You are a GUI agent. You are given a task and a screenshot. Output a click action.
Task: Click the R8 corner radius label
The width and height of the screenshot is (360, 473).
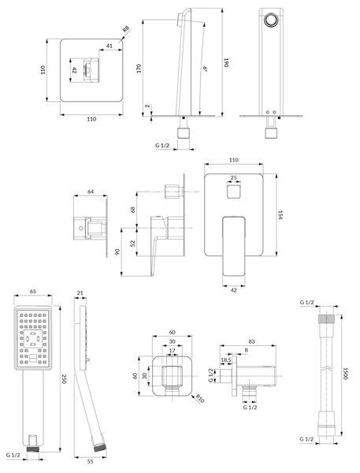click(126, 30)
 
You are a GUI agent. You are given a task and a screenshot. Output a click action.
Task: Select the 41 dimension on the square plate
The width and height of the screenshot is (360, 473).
click(109, 46)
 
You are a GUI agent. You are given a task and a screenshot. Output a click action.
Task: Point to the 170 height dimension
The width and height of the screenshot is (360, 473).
click(139, 69)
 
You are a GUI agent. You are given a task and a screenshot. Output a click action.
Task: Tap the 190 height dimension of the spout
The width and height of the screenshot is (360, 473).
click(226, 62)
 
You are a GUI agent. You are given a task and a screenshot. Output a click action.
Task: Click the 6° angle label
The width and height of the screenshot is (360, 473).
click(205, 69)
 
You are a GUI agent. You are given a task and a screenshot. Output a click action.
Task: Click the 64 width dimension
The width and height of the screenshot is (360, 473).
click(91, 192)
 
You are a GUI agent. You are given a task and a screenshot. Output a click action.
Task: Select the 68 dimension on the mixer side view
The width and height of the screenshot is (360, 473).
click(132, 210)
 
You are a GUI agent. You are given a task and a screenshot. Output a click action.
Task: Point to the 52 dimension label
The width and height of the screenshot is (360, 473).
click(132, 244)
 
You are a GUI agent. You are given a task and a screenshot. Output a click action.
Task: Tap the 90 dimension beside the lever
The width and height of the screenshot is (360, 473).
click(117, 251)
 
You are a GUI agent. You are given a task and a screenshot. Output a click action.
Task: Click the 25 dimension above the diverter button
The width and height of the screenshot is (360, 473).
click(234, 177)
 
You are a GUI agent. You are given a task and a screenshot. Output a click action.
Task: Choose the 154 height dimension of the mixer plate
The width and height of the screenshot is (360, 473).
click(280, 215)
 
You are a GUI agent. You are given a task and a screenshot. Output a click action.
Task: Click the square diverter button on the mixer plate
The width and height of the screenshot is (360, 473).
click(234, 192)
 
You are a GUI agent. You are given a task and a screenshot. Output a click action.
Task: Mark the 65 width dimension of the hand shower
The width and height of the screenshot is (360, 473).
click(33, 292)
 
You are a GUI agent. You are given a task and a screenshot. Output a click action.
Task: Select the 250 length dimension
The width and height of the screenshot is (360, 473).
click(64, 379)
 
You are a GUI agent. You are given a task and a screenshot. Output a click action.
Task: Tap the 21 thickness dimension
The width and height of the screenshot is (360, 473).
click(80, 292)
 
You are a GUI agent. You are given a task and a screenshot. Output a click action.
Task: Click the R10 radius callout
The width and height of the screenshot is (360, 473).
click(200, 398)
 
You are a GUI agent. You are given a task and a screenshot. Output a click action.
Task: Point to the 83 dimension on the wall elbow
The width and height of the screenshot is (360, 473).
click(252, 341)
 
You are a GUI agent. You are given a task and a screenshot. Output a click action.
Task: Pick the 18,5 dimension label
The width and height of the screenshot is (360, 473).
click(226, 360)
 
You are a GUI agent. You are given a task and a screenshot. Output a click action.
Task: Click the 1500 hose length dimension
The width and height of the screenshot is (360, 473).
click(346, 373)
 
